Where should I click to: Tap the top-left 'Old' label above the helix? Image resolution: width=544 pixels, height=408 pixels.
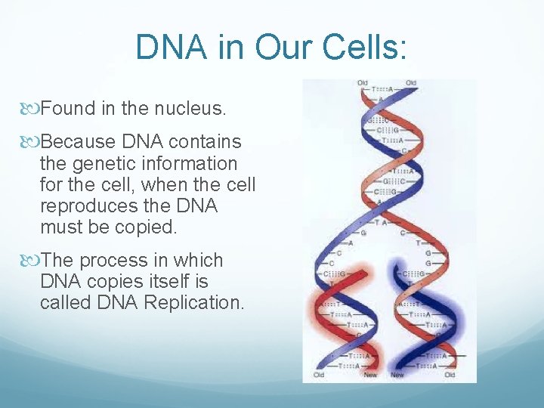363,82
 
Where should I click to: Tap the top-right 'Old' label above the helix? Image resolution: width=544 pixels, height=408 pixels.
411,82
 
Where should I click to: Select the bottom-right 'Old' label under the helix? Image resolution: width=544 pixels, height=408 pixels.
450,375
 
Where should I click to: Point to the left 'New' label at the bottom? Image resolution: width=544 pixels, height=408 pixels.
369,375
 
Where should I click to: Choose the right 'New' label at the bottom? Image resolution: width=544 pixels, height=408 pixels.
397,375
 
